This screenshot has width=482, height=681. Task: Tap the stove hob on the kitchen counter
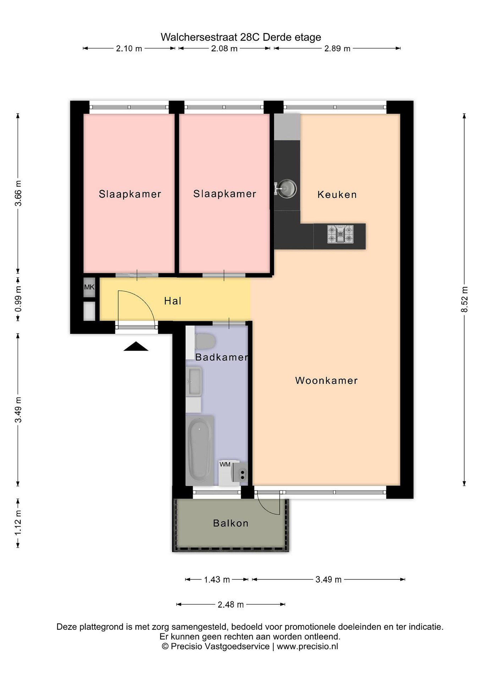[x=340, y=234]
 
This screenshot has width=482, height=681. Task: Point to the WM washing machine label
[x=225, y=464]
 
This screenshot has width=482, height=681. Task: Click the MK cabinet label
[x=89, y=287]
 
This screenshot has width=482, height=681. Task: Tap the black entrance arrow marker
[x=136, y=346]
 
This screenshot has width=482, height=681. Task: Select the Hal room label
[x=173, y=301]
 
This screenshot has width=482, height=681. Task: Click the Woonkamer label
[x=327, y=380]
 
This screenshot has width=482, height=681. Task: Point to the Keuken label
[x=337, y=195]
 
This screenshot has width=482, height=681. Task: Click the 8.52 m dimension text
[x=464, y=299]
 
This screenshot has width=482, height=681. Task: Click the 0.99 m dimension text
[x=18, y=299]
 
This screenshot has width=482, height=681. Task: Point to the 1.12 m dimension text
[x=18, y=523]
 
